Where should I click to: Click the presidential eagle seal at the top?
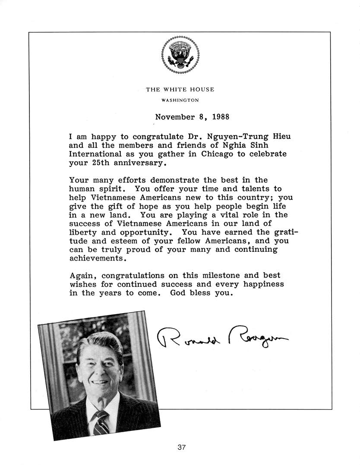[180, 55]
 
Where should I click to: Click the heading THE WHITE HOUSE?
[180, 90]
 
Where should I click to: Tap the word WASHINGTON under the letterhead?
[180, 100]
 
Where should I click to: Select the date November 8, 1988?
[192, 117]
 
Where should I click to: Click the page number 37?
[181, 447]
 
